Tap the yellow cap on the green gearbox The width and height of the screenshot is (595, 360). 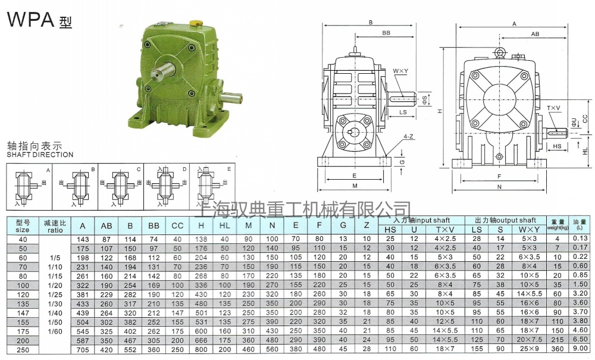click(195, 22)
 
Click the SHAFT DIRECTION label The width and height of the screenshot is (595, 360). click(40, 155)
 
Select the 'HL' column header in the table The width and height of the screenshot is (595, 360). click(224, 226)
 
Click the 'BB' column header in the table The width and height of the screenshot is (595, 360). click(154, 226)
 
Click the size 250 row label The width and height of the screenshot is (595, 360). click(21, 349)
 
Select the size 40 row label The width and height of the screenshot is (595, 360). click(21, 239)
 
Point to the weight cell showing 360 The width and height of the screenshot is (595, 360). click(558, 349)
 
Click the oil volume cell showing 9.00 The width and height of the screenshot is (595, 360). click(580, 349)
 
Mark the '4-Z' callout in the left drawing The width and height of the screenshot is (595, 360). click(408, 136)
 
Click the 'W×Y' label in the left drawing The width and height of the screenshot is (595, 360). click(400, 71)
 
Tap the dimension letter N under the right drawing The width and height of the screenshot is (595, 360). click(498, 187)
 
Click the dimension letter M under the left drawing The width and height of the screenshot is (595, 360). click(354, 186)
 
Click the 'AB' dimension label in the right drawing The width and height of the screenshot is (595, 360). click(534, 35)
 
